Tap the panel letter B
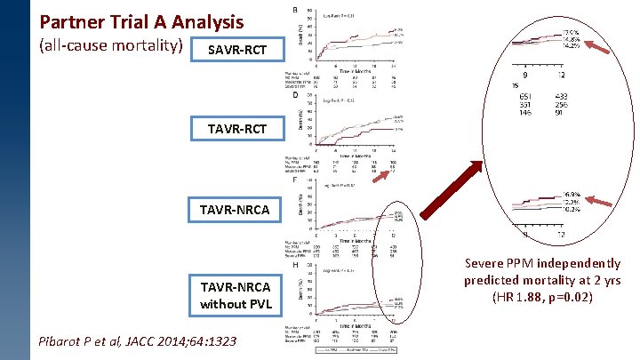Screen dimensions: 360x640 (x=295, y=10)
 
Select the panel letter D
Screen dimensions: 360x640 (x=295, y=94)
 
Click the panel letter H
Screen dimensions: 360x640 (x=295, y=264)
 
